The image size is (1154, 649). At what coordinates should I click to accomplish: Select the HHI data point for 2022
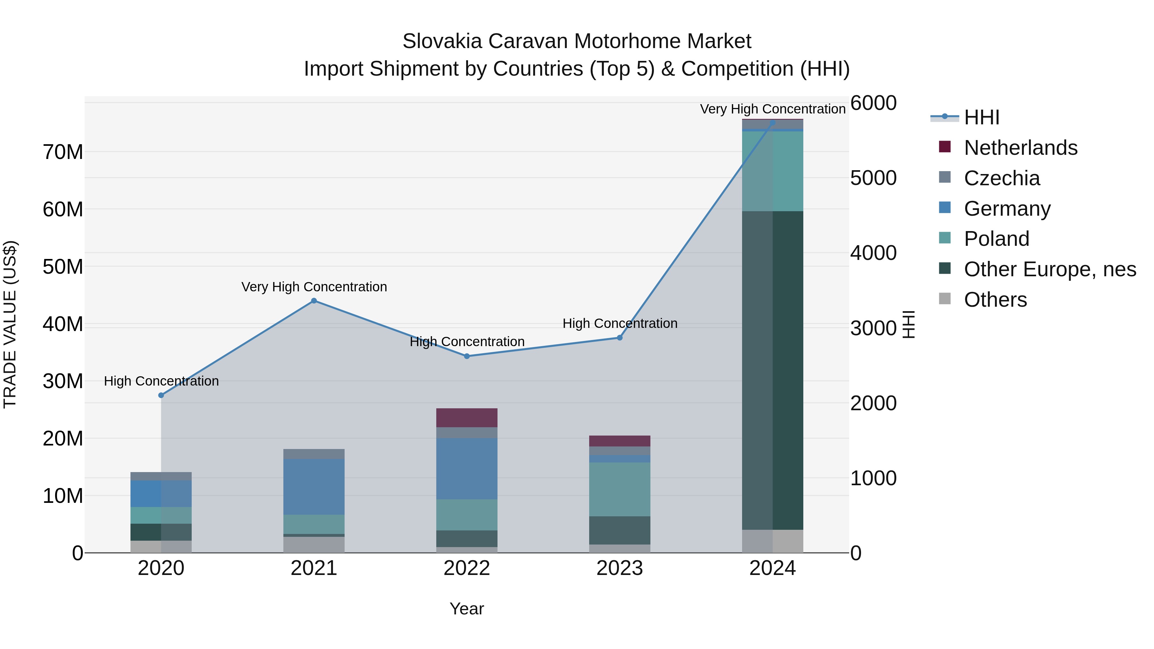[x=466, y=356]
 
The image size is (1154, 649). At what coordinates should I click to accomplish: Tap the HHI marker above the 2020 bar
[x=161, y=395]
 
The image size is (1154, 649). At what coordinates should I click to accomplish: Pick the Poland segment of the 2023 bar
[x=620, y=489]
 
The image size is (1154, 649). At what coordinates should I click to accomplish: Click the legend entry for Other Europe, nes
[x=1049, y=269]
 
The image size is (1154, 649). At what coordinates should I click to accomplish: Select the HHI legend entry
[x=981, y=117]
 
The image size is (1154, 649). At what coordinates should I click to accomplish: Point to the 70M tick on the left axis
[x=63, y=152]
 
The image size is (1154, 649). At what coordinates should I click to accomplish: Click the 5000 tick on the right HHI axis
[x=873, y=178]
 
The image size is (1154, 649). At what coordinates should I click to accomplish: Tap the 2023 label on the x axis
[x=620, y=568]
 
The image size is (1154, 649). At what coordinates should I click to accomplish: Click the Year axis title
[x=466, y=609]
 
